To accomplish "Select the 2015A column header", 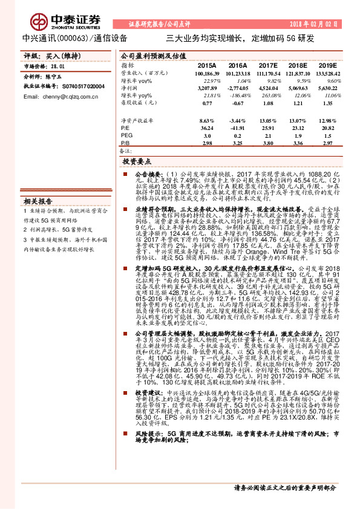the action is click(x=206, y=65).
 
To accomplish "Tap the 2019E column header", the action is click(x=327, y=65).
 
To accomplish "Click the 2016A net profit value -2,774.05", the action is click(x=237, y=88).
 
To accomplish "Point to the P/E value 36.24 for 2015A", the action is click(x=206, y=128).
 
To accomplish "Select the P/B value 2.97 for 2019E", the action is click(x=327, y=143).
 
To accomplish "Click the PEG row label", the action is click(x=126, y=136).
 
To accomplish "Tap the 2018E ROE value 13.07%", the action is click(x=298, y=121).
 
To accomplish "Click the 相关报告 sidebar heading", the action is click(x=38, y=201).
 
